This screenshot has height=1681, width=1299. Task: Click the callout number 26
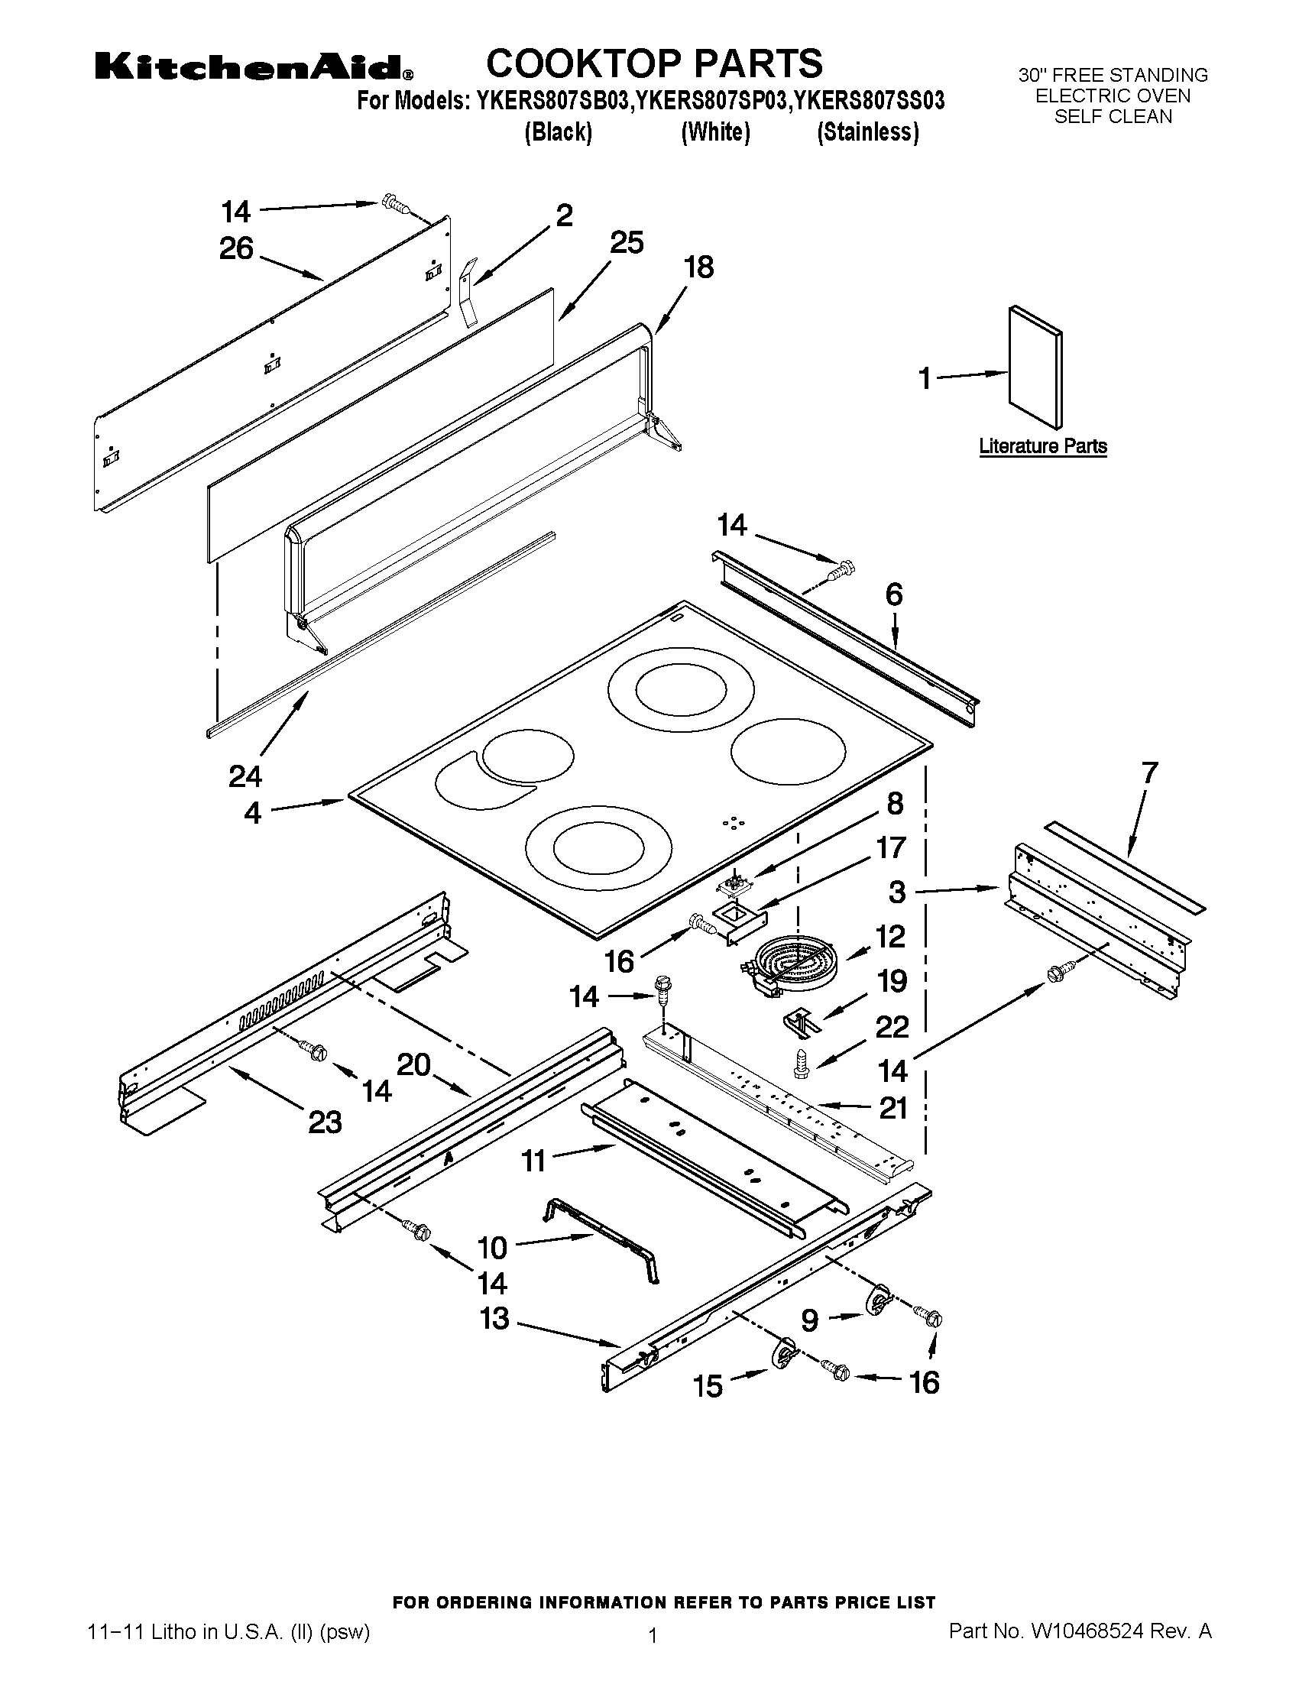pos(236,248)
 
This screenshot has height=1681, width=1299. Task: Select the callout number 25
pos(627,242)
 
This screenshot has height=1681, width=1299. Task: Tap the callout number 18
pos(698,267)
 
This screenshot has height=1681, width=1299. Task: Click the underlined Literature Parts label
pos(1043,446)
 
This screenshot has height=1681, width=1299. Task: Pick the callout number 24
pos(245,776)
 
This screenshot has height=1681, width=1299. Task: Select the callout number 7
pos(1149,772)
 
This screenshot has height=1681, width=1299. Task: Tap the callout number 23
pos(325,1122)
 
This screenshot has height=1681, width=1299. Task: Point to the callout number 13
pos(495,1319)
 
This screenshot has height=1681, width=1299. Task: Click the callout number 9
pos(809,1321)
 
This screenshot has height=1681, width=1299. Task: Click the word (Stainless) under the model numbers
pos(867,132)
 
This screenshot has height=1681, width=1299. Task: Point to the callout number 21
pos(893,1108)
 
